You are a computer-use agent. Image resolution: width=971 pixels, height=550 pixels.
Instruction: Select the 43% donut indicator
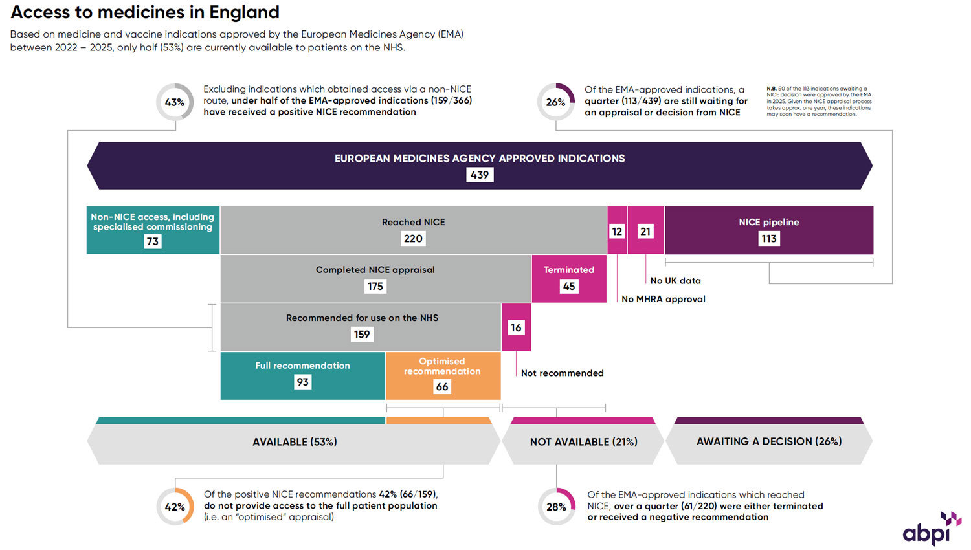pyautogui.click(x=175, y=102)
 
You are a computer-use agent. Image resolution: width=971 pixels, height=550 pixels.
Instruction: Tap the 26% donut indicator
pyautogui.click(x=555, y=102)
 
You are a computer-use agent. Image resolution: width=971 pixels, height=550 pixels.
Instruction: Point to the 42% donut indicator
pyautogui.click(x=175, y=507)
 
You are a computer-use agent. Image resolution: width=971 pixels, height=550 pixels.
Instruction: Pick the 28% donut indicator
pyautogui.click(x=556, y=507)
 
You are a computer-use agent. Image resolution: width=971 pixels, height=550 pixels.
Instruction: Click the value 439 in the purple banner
pyautogui.click(x=480, y=175)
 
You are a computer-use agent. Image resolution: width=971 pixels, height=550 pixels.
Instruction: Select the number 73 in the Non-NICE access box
pyautogui.click(x=153, y=241)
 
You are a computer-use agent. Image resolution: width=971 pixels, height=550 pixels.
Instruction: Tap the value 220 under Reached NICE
pyautogui.click(x=413, y=239)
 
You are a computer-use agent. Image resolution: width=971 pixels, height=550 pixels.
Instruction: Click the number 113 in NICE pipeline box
pyautogui.click(x=769, y=239)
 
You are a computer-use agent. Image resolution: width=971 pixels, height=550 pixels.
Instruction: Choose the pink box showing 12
pyautogui.click(x=617, y=231)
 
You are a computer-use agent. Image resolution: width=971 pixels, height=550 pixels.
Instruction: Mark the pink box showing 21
pyautogui.click(x=645, y=231)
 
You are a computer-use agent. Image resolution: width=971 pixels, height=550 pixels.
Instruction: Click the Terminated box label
pyautogui.click(x=568, y=270)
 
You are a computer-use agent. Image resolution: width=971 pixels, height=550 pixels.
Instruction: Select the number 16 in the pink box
pyautogui.click(x=516, y=327)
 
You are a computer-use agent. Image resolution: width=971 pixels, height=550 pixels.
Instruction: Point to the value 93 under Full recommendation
pyautogui.click(x=302, y=382)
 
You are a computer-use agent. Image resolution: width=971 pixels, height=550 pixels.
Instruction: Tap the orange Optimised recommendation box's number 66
pyautogui.click(x=442, y=386)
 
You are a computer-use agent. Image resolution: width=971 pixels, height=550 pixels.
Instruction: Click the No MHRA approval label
pyautogui.click(x=664, y=299)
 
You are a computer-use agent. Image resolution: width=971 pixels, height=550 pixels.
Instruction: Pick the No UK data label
pyautogui.click(x=675, y=281)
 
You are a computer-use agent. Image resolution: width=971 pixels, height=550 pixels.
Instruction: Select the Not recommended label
pyautogui.click(x=562, y=373)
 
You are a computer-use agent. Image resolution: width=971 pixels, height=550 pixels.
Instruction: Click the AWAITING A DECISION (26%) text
pyautogui.click(x=769, y=441)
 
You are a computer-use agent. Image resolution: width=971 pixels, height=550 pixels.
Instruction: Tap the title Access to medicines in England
pyautogui.click(x=145, y=12)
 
